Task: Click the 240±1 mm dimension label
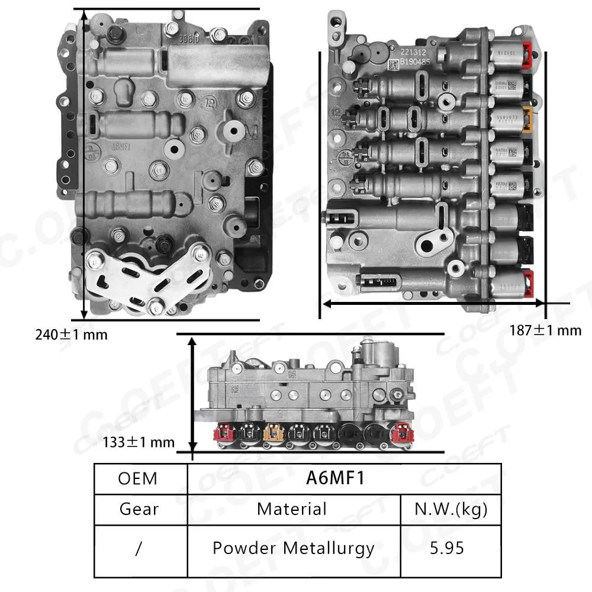pos(72,334)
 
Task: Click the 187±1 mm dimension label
pos(545,330)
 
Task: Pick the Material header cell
pos(292,509)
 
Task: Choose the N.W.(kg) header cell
pos(451,509)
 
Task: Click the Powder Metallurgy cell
pos(292,548)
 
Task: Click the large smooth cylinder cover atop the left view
pos(219,60)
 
